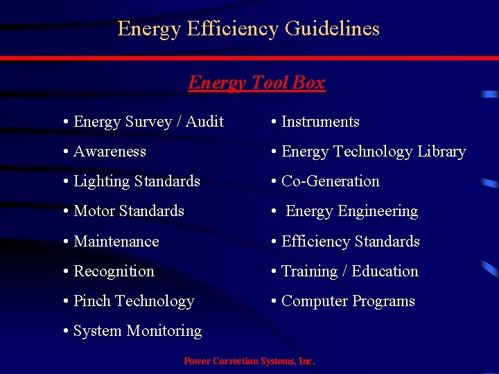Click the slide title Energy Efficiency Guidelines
click(x=249, y=28)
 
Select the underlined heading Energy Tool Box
click(x=256, y=82)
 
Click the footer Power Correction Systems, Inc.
click(x=249, y=361)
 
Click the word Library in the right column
click(x=440, y=152)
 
